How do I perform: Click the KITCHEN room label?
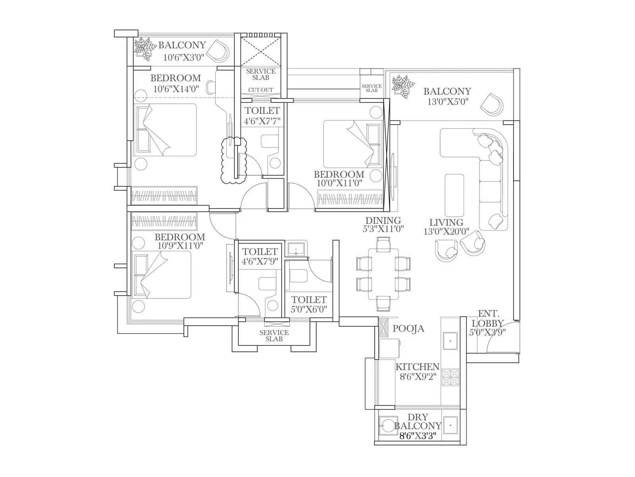(x=418, y=366)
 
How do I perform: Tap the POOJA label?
(x=408, y=329)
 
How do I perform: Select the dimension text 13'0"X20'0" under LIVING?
(x=446, y=232)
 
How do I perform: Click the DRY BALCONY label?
(x=418, y=422)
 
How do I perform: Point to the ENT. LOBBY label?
(x=488, y=318)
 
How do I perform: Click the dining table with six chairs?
(x=383, y=274)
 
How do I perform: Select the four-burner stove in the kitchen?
(x=450, y=378)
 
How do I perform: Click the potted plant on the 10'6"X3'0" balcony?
(x=144, y=48)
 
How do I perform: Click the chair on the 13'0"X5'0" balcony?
(x=492, y=105)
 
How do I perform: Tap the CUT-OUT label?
(x=261, y=90)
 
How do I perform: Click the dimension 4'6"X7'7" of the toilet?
(x=262, y=120)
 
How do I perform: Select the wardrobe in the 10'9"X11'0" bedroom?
(x=164, y=221)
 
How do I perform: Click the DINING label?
(x=383, y=220)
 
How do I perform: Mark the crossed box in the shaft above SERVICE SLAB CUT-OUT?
(x=260, y=52)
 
